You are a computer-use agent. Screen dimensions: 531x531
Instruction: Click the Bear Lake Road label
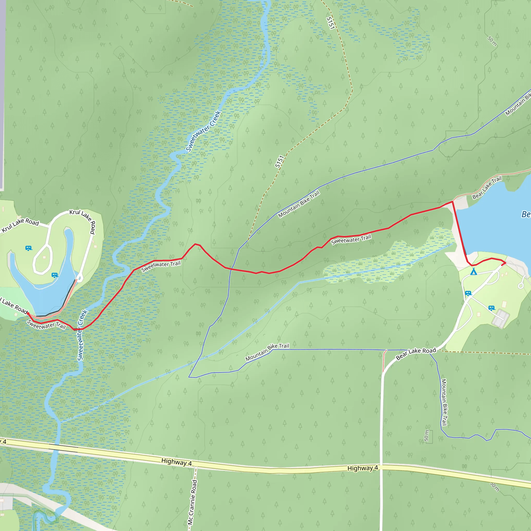pos(416,354)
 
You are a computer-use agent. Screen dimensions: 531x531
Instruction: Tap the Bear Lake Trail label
pos(487,187)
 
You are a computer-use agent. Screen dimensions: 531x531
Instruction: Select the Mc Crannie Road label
pos(192,502)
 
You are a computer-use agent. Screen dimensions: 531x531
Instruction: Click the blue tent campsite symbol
pos(473,272)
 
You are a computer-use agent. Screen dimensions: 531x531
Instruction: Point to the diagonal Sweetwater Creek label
pos(203,131)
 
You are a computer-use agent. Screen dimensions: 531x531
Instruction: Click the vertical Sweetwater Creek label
pos(82,335)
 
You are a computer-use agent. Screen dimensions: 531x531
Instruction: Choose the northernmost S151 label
pos(330,23)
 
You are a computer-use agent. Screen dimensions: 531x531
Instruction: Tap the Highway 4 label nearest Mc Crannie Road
pos(177,462)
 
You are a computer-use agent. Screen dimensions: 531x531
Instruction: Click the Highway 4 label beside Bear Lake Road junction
pos(362,468)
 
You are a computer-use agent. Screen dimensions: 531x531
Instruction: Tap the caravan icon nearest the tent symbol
pos(468,293)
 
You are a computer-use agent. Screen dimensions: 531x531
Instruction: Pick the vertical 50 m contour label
pos(426,436)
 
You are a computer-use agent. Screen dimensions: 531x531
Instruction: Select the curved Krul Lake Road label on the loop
pos(82,221)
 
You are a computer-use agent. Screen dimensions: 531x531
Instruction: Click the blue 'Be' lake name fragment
pos(526,214)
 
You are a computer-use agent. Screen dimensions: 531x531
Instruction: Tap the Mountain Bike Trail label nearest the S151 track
pos(299,204)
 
